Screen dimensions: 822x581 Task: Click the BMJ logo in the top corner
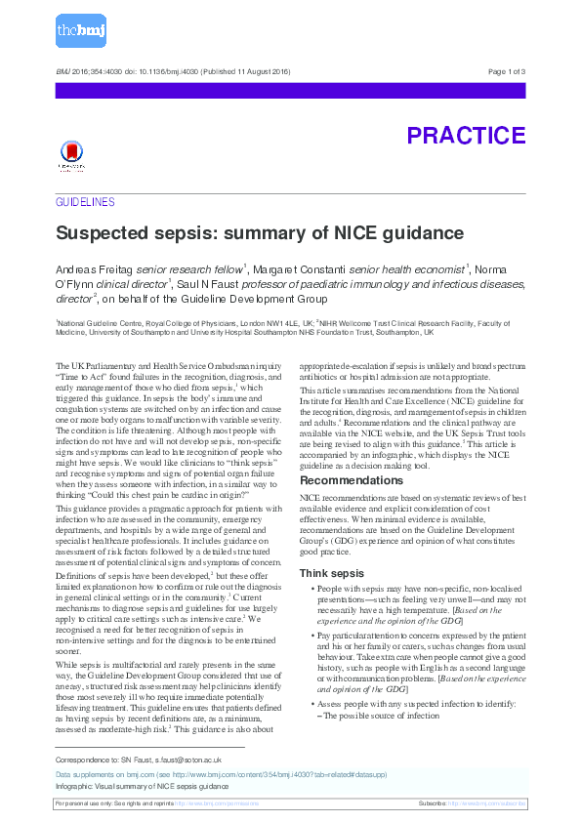(80, 32)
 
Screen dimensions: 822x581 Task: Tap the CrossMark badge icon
(70, 155)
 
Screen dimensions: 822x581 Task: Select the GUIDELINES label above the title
(85, 202)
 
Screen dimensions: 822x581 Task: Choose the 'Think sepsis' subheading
(333, 572)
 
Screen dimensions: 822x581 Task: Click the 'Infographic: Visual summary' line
(142, 785)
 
